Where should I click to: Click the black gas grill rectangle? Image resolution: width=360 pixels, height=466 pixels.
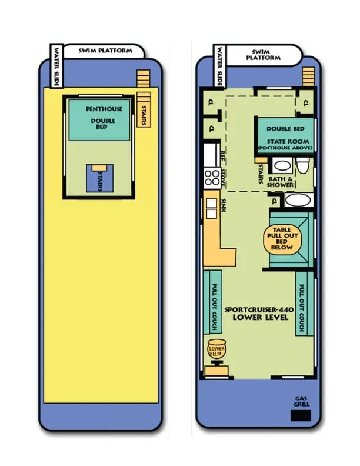pyautogui.click(x=301, y=415)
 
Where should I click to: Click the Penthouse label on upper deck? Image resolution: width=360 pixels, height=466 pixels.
pyautogui.click(x=104, y=109)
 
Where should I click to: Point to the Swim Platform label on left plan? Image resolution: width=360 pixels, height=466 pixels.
pyautogui.click(x=106, y=51)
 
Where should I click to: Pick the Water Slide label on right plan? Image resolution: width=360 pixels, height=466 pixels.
pyautogui.click(x=219, y=65)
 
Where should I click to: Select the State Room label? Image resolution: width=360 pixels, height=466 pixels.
pyautogui.click(x=288, y=141)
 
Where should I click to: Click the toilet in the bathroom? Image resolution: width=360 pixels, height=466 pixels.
pyautogui.click(x=302, y=166)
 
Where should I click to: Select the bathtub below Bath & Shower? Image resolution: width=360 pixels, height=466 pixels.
pyautogui.click(x=299, y=199)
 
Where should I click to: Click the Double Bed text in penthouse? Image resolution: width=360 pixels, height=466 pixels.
pyautogui.click(x=103, y=124)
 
